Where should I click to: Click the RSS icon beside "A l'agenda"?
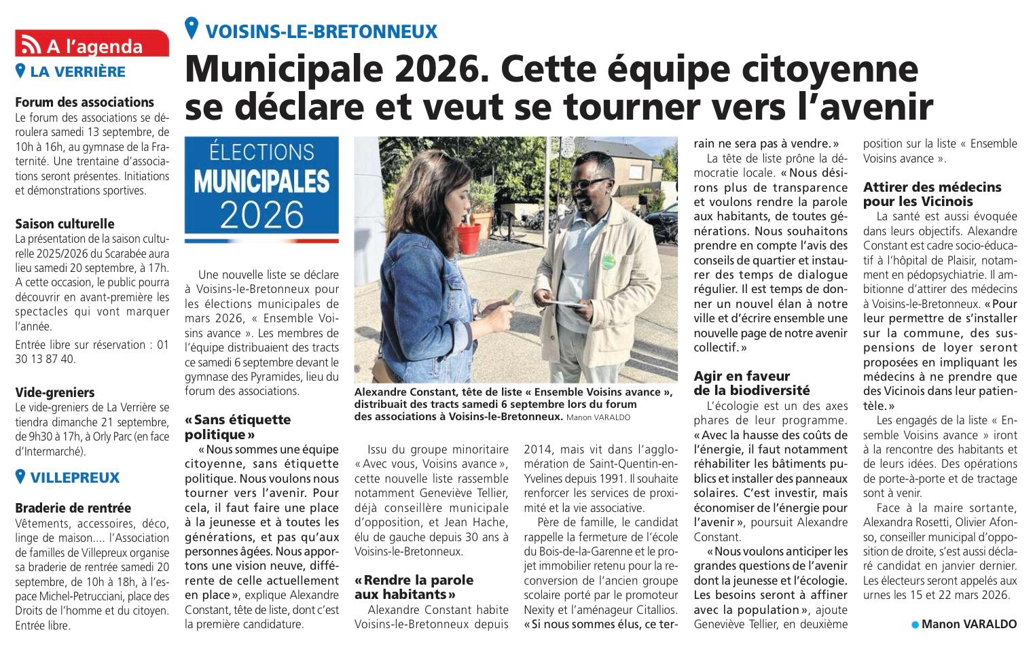(30, 45)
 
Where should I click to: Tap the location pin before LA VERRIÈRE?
(20, 71)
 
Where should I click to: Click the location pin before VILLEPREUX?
(20, 477)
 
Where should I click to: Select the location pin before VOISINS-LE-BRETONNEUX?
(192, 29)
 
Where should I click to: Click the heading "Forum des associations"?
(84, 103)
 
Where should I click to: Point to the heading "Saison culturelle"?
(65, 224)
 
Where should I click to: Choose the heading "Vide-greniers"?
(54, 392)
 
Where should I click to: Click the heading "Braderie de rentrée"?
(73, 508)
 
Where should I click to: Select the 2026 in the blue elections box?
(261, 214)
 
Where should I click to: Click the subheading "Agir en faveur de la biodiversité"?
(751, 383)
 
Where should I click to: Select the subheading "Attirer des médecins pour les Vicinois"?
(932, 194)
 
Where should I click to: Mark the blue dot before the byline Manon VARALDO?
(915, 624)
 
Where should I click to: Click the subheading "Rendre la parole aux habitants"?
(414, 587)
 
